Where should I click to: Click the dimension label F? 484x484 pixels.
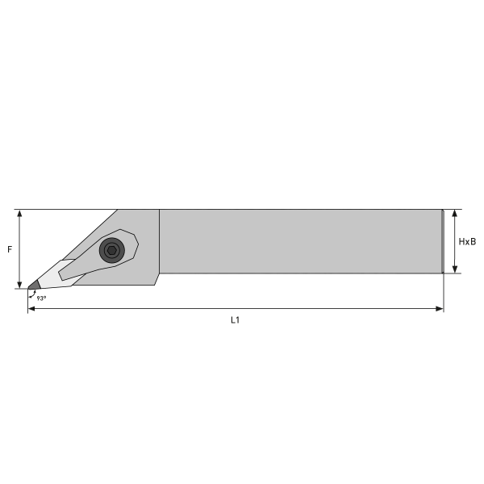(10, 249)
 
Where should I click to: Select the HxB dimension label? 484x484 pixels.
(467, 242)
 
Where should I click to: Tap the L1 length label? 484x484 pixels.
(236, 320)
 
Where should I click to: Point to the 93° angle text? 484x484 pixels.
(41, 298)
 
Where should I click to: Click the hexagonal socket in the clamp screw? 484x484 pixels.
(112, 250)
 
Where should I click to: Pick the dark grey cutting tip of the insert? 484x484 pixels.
(34, 286)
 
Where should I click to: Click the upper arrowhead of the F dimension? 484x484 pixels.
(19, 214)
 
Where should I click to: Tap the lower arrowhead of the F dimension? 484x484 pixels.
(19, 285)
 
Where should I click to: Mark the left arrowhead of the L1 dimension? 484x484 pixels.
(31, 309)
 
